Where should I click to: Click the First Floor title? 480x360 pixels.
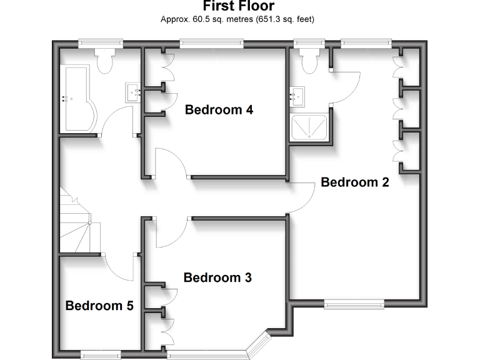tap(238, 6)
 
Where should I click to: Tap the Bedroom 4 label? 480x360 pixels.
tap(219, 110)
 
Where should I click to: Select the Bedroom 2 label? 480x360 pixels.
tap(354, 182)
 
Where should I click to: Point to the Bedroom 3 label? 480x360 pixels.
tap(217, 277)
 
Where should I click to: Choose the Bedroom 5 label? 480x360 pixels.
tap(99, 306)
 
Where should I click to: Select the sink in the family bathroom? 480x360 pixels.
tap(134, 92)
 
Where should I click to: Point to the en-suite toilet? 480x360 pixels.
tap(309, 61)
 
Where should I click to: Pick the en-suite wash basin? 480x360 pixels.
tap(297, 97)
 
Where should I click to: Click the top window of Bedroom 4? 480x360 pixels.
tap(211, 43)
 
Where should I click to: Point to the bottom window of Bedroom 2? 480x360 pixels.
tap(353, 304)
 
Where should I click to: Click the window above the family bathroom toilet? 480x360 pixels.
tap(100, 43)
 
